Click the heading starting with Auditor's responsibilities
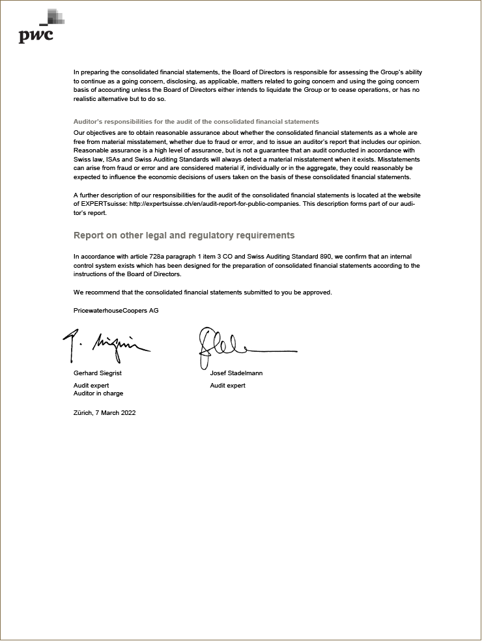pyautogui.click(x=196, y=122)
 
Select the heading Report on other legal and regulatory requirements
pyautogui.click(x=184, y=235)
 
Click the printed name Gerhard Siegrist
pyautogui.click(x=98, y=373)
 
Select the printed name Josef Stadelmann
pyautogui.click(x=236, y=373)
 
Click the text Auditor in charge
pyautogui.click(x=98, y=393)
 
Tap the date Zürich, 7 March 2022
pyautogui.click(x=104, y=413)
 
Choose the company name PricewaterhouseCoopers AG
pyautogui.click(x=116, y=311)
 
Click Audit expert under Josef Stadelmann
pyautogui.click(x=228, y=386)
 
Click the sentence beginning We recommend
pyautogui.click(x=203, y=292)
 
